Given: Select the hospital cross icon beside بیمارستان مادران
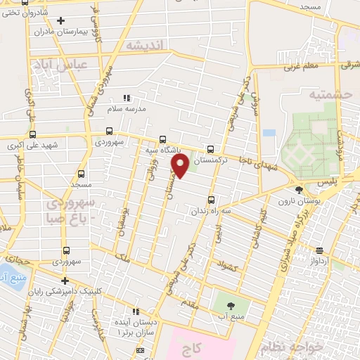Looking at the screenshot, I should coord(60,20).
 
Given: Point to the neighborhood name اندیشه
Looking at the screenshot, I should coord(144,45).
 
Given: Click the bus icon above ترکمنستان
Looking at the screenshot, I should coord(211,149).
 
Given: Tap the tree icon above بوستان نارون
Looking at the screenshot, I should coord(299,189).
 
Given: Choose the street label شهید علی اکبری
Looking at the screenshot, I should coord(34,146).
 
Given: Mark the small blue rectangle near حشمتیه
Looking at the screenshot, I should coord(269,132).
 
